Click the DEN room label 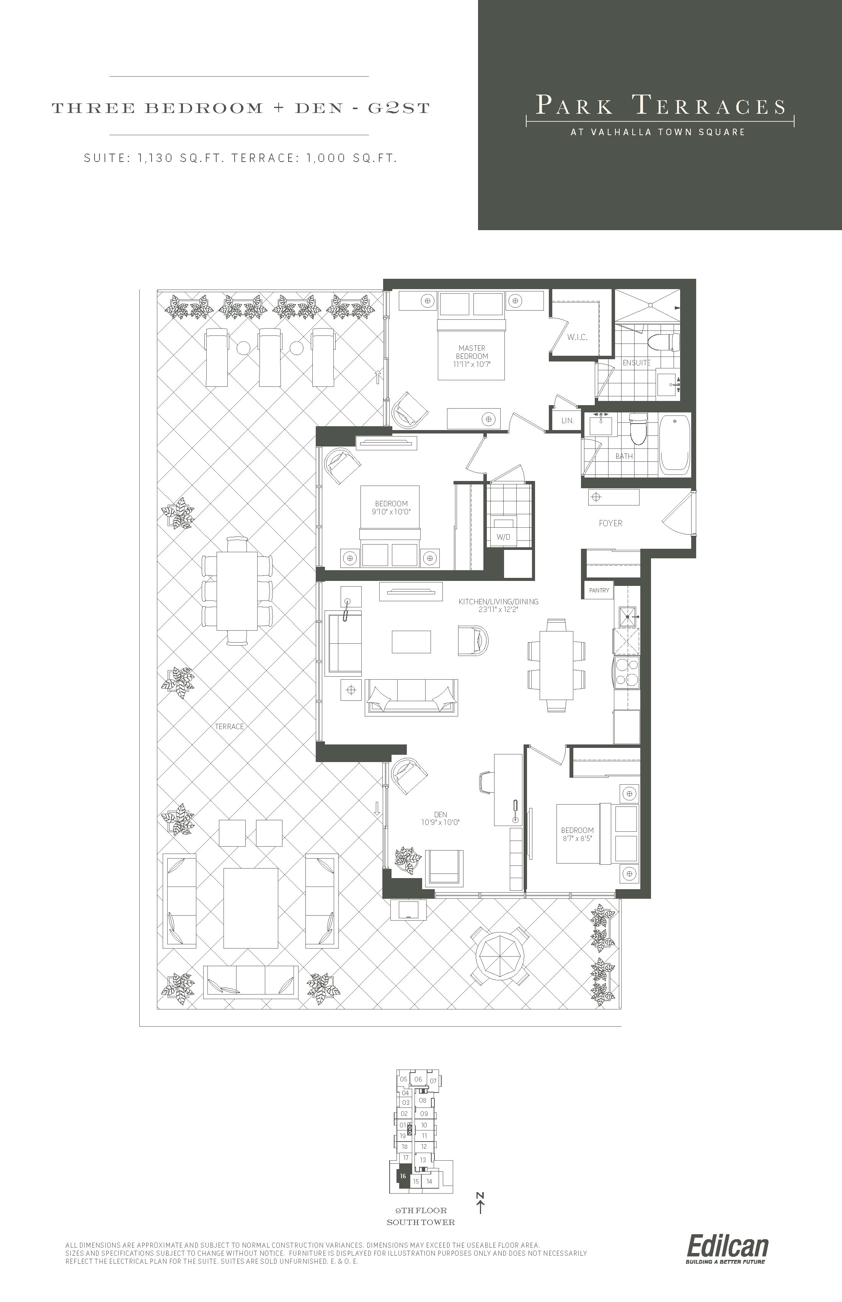(x=441, y=815)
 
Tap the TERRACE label (x=229, y=726)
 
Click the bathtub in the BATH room (x=676, y=443)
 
